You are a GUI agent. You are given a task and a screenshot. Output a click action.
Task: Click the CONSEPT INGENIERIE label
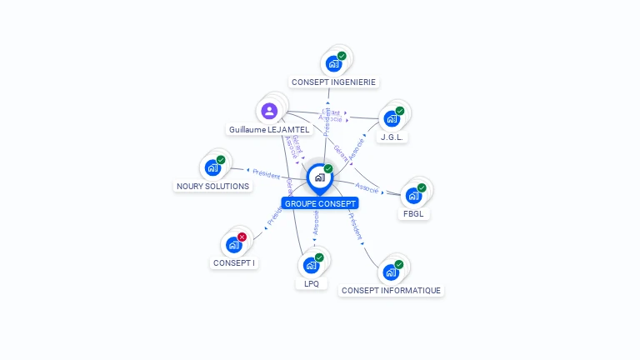coord(333,82)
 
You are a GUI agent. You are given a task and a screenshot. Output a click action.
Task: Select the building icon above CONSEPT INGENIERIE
coord(333,63)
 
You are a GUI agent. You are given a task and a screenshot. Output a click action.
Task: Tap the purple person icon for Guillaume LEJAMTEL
coord(268,110)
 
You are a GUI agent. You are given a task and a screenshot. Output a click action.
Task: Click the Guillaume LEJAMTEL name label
coord(269,130)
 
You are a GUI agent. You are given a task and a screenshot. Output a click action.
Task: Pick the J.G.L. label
coord(392,137)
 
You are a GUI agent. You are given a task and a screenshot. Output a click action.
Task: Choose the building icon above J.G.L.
coord(391,118)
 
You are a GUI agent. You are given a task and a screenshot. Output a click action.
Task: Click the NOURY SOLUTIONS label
coord(213,186)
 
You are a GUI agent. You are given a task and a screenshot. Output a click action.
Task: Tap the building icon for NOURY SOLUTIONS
coord(212,167)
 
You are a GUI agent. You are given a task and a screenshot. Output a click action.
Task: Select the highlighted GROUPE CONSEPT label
coord(320,203)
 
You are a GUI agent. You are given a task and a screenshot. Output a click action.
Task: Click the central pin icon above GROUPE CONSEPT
coord(319,177)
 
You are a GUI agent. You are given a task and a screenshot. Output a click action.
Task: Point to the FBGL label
coord(413,213)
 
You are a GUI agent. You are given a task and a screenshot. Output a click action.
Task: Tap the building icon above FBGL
coord(412,196)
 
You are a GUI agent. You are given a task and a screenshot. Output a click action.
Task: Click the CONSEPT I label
coord(234,262)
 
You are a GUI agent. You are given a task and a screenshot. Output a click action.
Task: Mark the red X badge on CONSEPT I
coord(242,237)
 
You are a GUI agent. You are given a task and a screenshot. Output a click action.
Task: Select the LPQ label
coord(312,283)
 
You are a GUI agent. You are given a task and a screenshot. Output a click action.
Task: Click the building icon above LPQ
coord(311,265)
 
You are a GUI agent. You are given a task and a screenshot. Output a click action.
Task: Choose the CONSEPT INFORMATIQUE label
coord(391,290)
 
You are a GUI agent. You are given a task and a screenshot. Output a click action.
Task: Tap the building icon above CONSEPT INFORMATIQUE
coord(390,272)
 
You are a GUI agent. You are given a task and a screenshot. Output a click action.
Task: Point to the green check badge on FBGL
coord(422,188)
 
